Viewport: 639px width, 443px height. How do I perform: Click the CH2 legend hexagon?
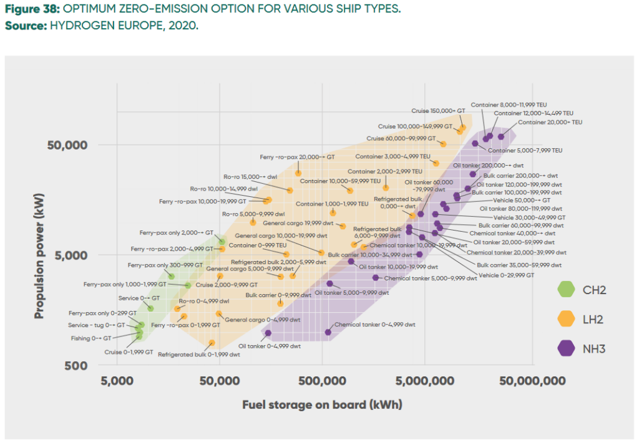coord(566,289)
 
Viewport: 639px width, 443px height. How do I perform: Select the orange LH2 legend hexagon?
coord(566,319)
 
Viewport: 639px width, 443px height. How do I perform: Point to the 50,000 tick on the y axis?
coord(67,145)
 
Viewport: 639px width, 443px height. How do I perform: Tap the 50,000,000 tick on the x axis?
coord(532,381)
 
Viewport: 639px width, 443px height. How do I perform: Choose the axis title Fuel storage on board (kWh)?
coord(322,405)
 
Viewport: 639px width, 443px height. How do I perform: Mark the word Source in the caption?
coord(22,27)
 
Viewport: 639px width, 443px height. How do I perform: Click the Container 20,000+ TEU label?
coord(550,123)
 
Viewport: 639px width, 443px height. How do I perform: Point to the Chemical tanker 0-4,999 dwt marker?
coord(328,332)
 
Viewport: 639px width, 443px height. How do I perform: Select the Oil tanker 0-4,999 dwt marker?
coord(268,333)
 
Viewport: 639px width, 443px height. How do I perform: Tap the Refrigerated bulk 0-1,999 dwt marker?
coord(212,343)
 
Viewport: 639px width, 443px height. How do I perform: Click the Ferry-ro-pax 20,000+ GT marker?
coord(298,173)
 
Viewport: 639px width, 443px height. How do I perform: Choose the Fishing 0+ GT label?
coord(90,338)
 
